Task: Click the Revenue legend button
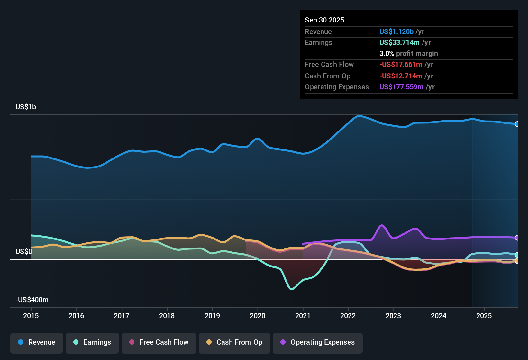(37, 342)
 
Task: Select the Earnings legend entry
(92, 342)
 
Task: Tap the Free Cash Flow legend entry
(159, 342)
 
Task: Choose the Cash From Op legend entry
(234, 342)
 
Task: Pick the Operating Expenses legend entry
(318, 342)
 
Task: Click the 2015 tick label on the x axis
(31, 316)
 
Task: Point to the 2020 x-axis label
(258, 316)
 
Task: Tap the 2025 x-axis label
(484, 316)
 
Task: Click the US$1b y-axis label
(26, 107)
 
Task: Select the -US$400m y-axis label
(32, 300)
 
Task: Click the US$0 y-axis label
(24, 251)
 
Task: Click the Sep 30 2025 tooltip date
(324, 20)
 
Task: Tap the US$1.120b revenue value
(396, 32)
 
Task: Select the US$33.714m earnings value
(399, 42)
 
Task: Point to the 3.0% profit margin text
(408, 53)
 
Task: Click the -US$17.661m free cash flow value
(400, 64)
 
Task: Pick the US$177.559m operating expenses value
(401, 87)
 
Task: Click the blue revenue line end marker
(517, 124)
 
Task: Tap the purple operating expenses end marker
(517, 238)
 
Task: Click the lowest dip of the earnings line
(292, 289)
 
